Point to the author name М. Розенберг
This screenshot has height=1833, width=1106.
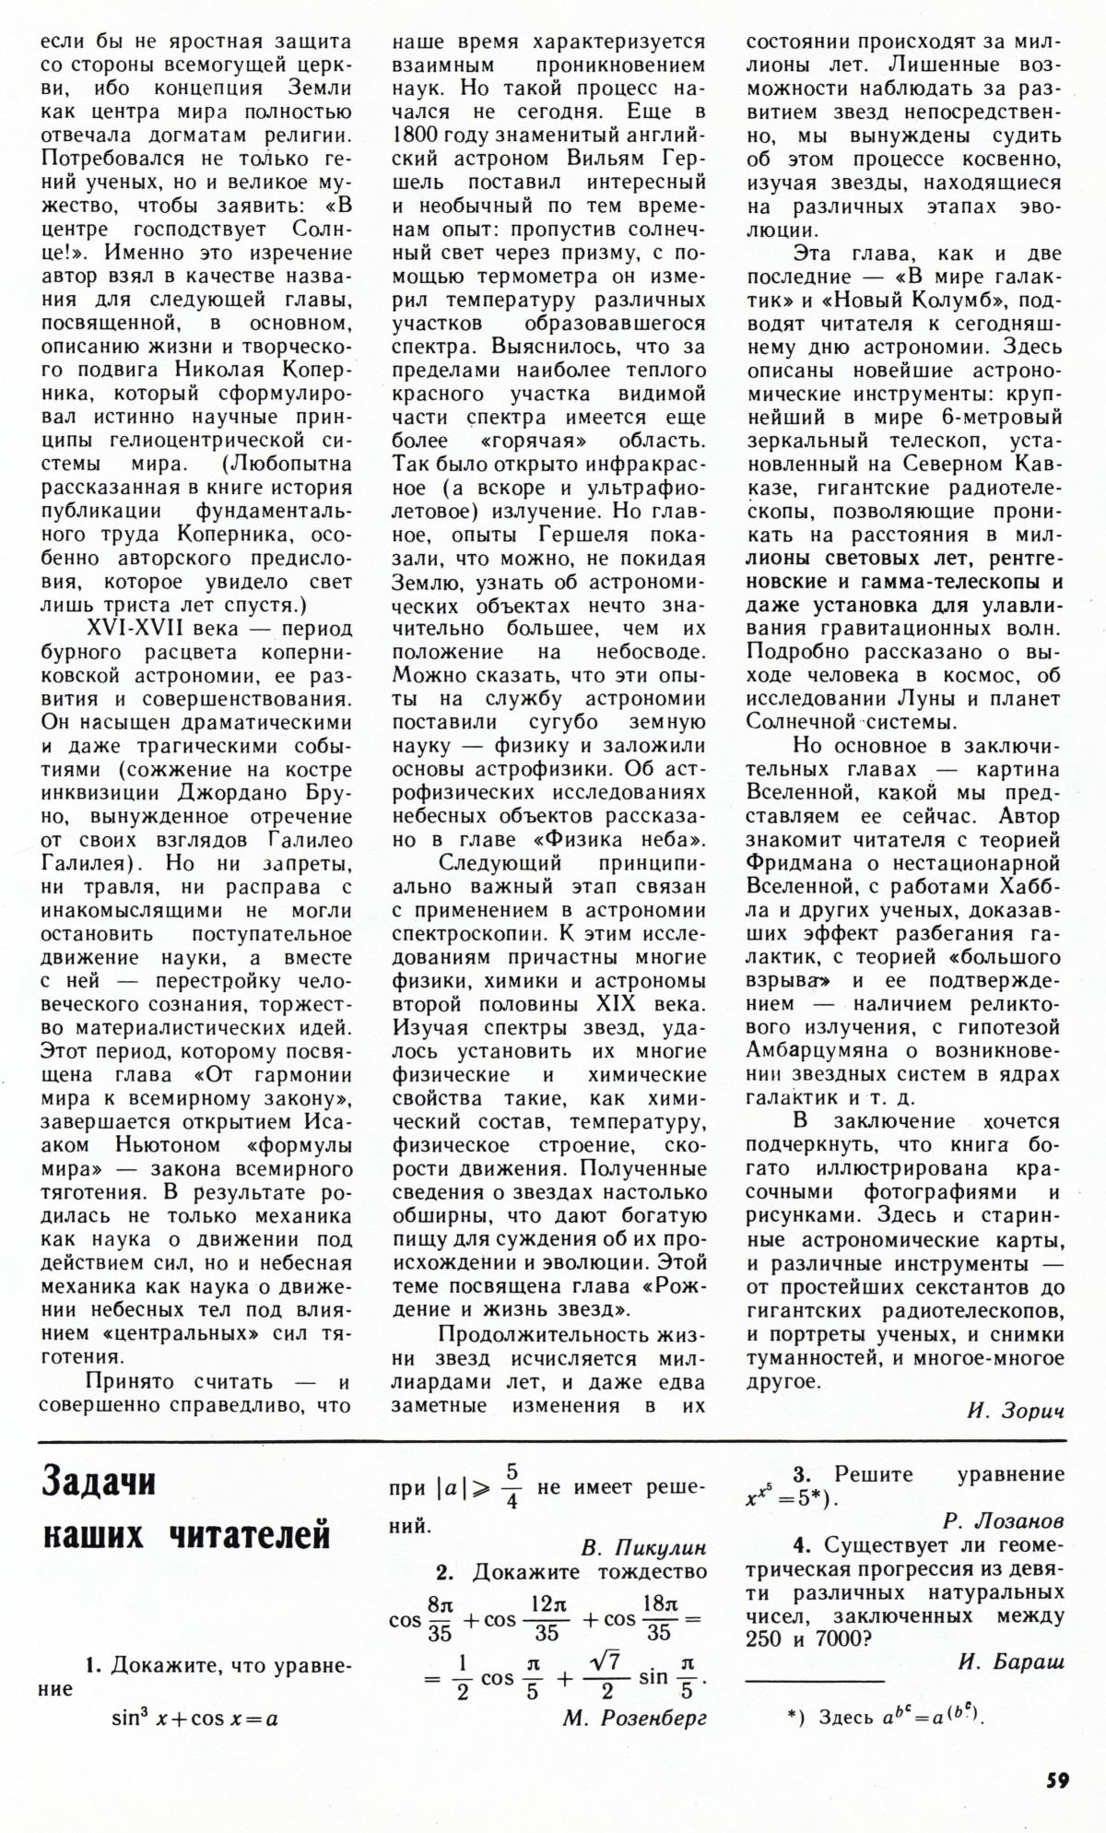635,1718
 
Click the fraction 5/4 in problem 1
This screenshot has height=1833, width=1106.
513,1486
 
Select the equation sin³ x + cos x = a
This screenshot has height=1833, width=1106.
194,1719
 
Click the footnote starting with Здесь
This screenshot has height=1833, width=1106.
885,1716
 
